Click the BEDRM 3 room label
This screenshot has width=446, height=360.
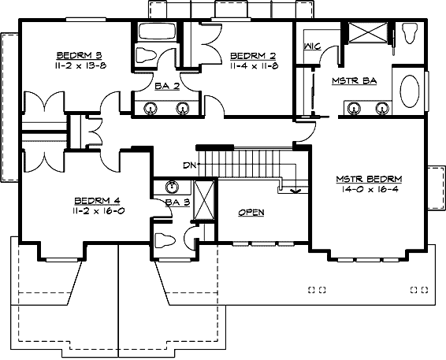[76, 55]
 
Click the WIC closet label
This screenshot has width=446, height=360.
[310, 46]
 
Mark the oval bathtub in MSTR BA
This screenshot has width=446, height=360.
[411, 91]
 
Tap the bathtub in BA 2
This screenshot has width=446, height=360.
[158, 33]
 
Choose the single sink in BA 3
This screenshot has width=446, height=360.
[173, 188]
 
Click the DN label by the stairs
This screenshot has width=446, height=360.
[189, 165]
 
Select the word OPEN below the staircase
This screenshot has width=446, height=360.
[251, 212]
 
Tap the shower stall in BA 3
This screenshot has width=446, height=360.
[203, 199]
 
